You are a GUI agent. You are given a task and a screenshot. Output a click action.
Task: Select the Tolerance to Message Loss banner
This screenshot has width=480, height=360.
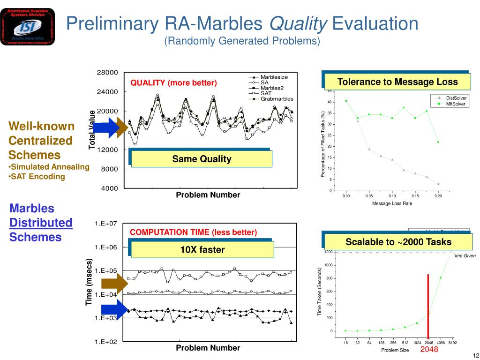pyautogui.click(x=397, y=82)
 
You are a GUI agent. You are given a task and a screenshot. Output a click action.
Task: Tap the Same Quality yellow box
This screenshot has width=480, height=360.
pyautogui.click(x=202, y=159)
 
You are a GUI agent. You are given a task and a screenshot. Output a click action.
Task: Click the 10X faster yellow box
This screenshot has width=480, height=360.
pyautogui.click(x=202, y=249)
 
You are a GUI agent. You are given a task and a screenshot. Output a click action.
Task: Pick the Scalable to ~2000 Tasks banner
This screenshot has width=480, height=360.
pyautogui.click(x=398, y=242)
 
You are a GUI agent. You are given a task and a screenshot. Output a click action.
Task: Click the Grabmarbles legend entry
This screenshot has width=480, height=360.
pyautogui.click(x=276, y=99)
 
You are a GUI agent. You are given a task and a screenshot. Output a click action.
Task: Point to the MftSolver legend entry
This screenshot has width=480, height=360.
pyautogui.click(x=455, y=104)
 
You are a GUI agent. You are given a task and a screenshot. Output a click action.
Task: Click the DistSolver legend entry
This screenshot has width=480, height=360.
pyautogui.click(x=456, y=97)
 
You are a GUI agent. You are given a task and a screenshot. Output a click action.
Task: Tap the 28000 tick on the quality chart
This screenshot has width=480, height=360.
pyautogui.click(x=107, y=72)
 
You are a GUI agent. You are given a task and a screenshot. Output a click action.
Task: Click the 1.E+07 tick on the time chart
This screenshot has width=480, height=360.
pyautogui.click(x=106, y=224)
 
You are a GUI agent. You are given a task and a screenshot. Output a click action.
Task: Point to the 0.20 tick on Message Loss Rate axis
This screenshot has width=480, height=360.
pyautogui.click(x=438, y=196)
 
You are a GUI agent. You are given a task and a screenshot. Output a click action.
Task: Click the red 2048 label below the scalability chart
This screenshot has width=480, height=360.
pyautogui.click(x=429, y=350)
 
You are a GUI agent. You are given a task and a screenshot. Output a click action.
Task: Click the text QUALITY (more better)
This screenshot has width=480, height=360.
pyautogui.click(x=173, y=83)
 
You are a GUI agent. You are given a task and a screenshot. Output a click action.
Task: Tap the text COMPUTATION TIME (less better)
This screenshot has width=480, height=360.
pyautogui.click(x=193, y=232)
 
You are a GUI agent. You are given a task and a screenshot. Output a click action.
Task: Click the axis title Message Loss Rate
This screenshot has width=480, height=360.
pyautogui.click(x=392, y=203)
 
